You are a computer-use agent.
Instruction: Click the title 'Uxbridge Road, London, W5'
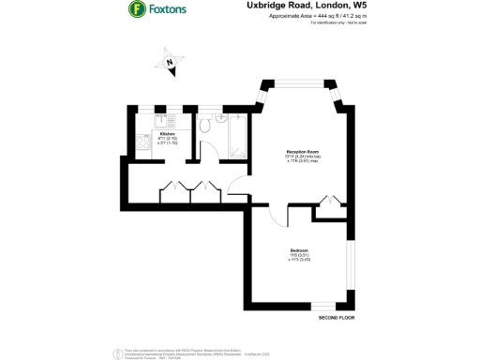293,7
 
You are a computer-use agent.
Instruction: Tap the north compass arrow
167,63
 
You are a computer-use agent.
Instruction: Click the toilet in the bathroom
205,125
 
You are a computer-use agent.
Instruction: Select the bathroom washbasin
221,119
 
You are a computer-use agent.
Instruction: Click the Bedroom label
300,251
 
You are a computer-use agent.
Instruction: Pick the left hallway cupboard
175,192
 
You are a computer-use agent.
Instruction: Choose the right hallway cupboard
204,192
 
